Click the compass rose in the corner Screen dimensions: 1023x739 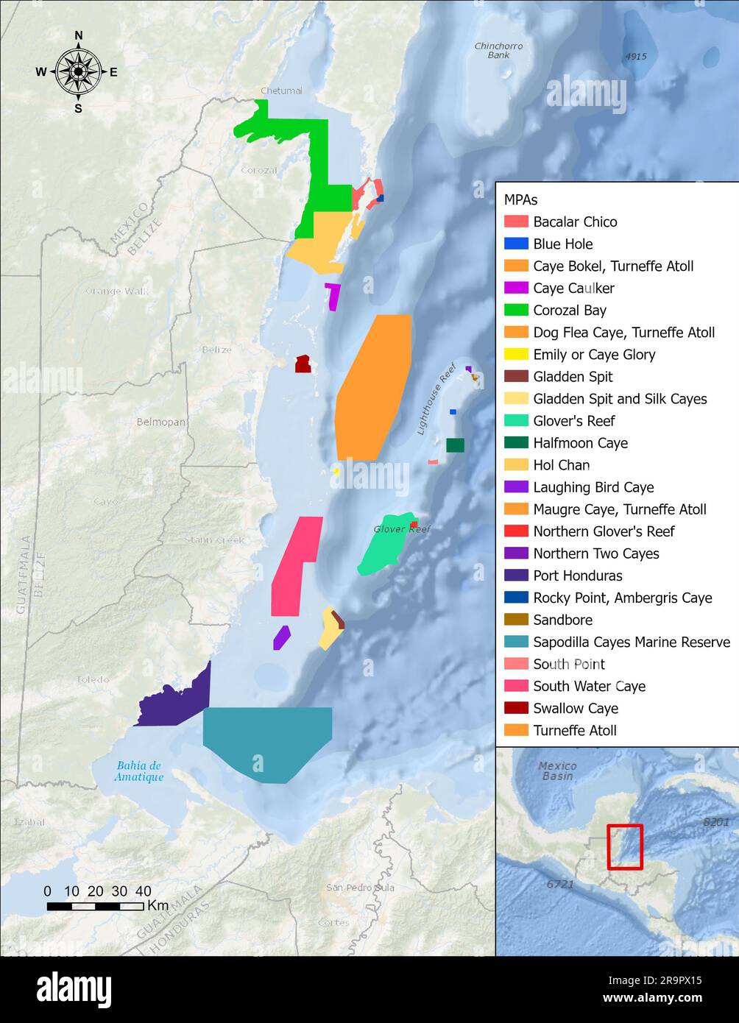(78, 71)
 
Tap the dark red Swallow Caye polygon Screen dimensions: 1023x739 (303, 364)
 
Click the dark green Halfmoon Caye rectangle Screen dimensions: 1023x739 (455, 445)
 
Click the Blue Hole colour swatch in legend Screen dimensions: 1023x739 (516, 244)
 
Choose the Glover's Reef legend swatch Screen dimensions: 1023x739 (516, 420)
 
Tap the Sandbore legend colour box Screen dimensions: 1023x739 (516, 620)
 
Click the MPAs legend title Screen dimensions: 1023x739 (520, 199)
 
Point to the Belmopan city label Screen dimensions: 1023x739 (161, 422)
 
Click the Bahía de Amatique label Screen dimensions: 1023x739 (138, 771)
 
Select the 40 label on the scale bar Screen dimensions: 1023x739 (144, 891)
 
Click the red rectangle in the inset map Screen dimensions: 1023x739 (625, 846)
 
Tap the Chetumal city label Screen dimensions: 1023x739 (281, 91)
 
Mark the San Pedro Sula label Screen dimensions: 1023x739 (360, 888)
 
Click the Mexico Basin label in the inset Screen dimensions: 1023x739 (557, 771)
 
